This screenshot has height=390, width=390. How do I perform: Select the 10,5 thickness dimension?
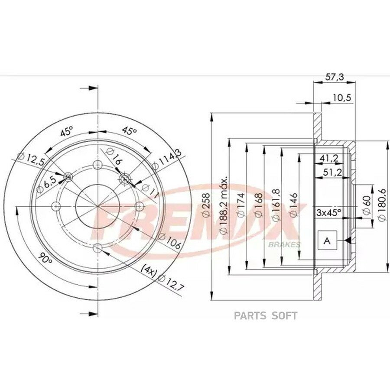(342, 97)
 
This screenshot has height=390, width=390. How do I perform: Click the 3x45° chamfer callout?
(328, 212)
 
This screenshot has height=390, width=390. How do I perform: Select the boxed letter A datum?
(328, 240)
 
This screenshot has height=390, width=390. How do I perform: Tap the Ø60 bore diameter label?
(367, 205)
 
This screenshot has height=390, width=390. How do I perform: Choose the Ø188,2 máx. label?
(223, 205)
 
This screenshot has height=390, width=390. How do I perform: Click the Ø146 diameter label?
(293, 205)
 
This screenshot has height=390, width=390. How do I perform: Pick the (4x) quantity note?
(149, 271)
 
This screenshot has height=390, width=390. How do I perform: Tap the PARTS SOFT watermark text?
(266, 316)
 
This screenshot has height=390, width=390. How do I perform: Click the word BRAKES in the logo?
(284, 244)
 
